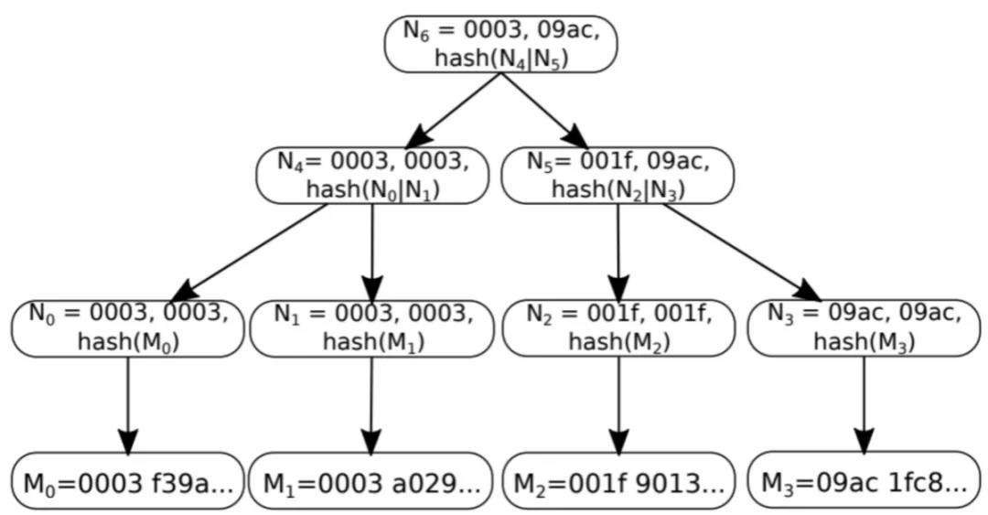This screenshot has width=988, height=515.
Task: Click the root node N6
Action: (x=500, y=43)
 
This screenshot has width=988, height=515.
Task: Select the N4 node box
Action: (x=372, y=175)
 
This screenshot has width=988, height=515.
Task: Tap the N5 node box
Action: (x=617, y=175)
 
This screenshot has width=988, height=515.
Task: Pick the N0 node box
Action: (x=127, y=327)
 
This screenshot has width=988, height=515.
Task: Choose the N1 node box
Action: (x=372, y=327)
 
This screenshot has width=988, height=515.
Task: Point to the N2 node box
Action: (x=617, y=327)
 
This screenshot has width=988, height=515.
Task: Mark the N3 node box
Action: (x=864, y=327)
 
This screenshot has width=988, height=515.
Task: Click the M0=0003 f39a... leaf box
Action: (x=127, y=480)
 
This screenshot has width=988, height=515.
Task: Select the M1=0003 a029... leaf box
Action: (x=372, y=480)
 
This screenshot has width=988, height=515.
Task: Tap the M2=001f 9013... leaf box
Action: (x=617, y=480)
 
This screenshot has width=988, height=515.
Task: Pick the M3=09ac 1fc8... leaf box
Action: (x=864, y=480)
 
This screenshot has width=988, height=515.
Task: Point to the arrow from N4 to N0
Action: (x=252, y=252)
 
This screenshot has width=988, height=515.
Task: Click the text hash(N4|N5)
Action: (x=500, y=58)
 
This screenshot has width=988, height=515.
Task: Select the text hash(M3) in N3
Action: (x=864, y=341)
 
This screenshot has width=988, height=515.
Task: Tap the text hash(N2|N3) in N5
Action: (x=617, y=189)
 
